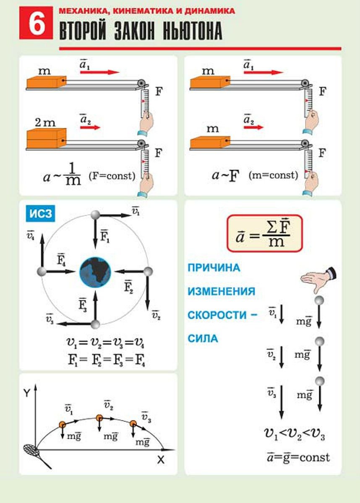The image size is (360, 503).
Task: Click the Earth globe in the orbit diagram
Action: pos(95,272)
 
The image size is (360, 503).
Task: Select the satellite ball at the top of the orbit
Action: pos(95,215)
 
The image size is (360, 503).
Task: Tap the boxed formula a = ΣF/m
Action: pos(264,233)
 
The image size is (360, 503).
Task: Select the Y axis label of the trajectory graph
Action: pos(26,393)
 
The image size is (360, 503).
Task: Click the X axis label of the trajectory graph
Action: pos(161,459)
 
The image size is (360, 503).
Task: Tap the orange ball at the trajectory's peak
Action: pos(99,418)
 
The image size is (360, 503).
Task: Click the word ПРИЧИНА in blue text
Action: pos(214,267)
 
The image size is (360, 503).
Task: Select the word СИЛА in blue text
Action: pos(203,338)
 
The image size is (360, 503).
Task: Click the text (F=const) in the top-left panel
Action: pos(112,176)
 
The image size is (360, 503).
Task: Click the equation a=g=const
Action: pos(298,457)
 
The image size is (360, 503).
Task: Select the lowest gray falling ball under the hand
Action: pos(320,381)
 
